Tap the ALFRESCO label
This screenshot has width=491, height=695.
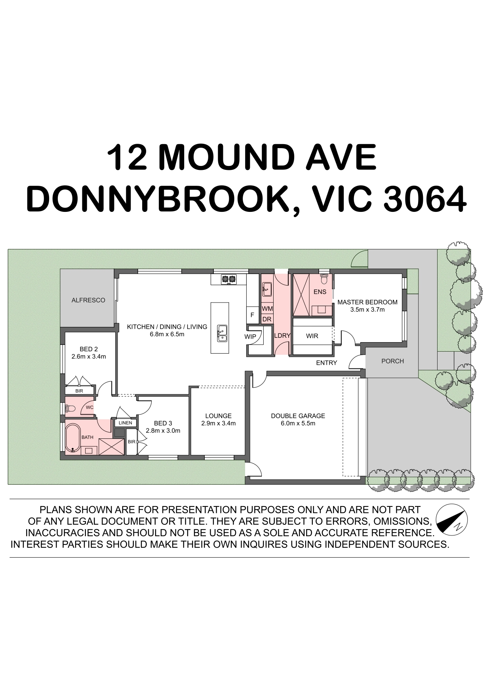pyautogui.click(x=88, y=300)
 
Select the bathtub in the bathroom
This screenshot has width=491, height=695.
pyautogui.click(x=72, y=438)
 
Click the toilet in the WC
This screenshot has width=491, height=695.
pyautogui.click(x=71, y=408)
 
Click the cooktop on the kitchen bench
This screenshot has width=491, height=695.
pyautogui.click(x=229, y=279)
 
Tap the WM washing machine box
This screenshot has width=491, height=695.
pyautogui.click(x=267, y=308)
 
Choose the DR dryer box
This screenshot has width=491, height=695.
pyautogui.click(x=267, y=319)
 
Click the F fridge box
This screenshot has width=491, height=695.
pyautogui.click(x=252, y=315)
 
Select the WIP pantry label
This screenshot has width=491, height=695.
pyautogui.click(x=250, y=337)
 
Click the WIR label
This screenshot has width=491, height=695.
pyautogui.click(x=312, y=336)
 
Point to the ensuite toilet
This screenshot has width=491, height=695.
pyautogui.click(x=324, y=278)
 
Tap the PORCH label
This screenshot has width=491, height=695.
pyautogui.click(x=392, y=361)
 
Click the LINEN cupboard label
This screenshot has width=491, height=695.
pyautogui.click(x=126, y=423)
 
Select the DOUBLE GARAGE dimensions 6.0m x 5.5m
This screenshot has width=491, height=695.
pyautogui.click(x=298, y=423)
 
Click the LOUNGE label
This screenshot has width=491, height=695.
pyautogui.click(x=219, y=416)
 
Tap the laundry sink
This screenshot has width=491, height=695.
pyautogui.click(x=267, y=289)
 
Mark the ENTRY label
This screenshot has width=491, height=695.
pyautogui.click(x=327, y=363)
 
